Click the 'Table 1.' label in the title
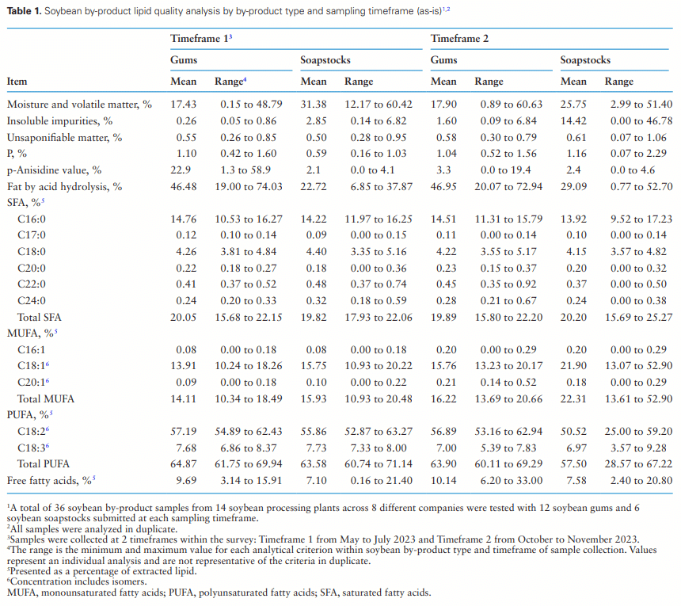coord(25,10)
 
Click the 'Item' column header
coord(18,81)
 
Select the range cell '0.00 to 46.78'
coord(641,120)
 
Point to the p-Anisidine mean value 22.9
coord(184,170)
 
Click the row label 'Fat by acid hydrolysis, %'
coord(65,187)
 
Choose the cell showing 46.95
coord(444,187)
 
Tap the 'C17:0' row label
coord(32,235)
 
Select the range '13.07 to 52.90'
coord(641,366)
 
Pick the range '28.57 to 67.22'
coord(641,463)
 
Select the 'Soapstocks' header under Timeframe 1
coord(325,60)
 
